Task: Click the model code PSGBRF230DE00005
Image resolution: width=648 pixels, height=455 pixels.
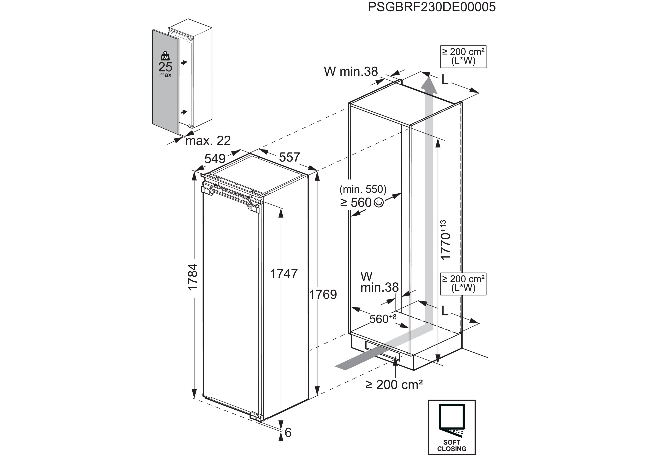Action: (432, 7)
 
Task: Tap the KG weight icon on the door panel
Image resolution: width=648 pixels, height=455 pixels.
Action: (165, 56)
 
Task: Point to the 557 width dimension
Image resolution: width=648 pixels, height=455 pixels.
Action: (289, 157)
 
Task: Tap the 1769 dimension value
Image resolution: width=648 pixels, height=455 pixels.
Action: (323, 295)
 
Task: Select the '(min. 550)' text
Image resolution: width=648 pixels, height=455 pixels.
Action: (363, 189)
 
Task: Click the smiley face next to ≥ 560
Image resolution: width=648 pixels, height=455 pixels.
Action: (379, 202)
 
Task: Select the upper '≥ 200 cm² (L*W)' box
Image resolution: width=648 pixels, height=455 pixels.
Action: (463, 57)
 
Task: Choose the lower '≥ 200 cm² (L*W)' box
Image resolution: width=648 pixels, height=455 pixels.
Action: (463, 283)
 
